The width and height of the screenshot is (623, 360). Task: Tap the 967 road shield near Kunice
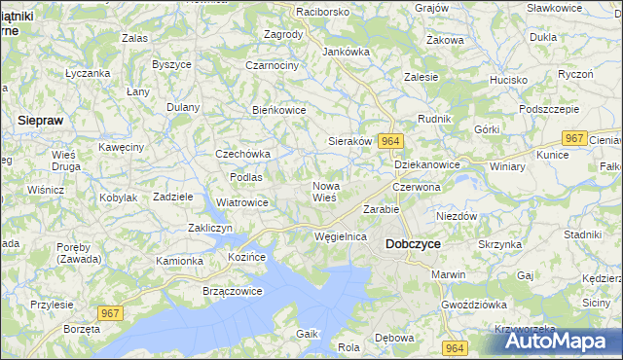(x=575, y=138)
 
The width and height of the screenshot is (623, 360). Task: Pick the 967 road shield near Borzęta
(x=111, y=311)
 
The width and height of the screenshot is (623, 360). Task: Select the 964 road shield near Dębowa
(x=454, y=347)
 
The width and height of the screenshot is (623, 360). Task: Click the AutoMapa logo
(x=560, y=341)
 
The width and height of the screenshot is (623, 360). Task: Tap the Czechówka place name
(x=242, y=154)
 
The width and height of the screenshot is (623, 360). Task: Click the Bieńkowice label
(x=279, y=110)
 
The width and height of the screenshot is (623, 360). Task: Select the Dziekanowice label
(x=427, y=165)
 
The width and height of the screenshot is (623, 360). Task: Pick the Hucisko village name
(x=508, y=80)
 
